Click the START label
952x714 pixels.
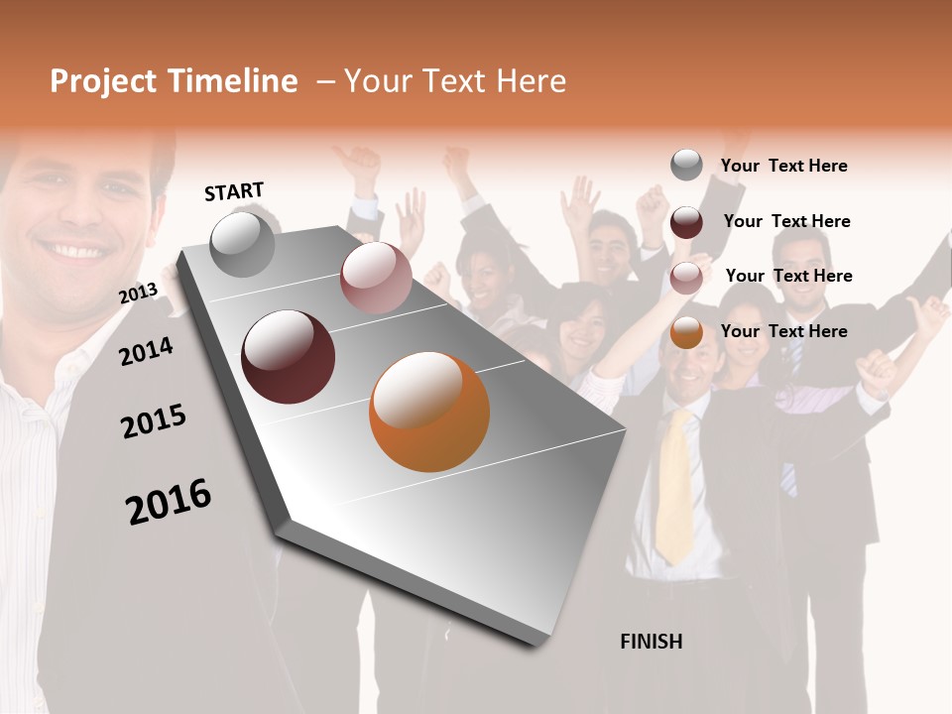[234, 191]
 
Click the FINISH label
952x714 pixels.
[651, 642]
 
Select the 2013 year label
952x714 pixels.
[138, 293]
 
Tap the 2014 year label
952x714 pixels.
[146, 351]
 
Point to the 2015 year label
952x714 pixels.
[154, 421]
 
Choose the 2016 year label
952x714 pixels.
[169, 501]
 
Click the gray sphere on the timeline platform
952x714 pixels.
[243, 244]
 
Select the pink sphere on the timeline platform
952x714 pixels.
[376, 278]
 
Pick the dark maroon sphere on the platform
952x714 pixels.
[289, 357]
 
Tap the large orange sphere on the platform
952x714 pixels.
[429, 412]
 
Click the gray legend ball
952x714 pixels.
[686, 165]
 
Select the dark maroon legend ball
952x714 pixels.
[686, 222]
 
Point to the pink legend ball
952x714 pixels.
[686, 278]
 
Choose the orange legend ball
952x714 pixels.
[686, 333]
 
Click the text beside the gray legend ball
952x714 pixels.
[783, 166]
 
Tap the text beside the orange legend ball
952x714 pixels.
[783, 331]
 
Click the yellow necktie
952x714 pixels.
[675, 486]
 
